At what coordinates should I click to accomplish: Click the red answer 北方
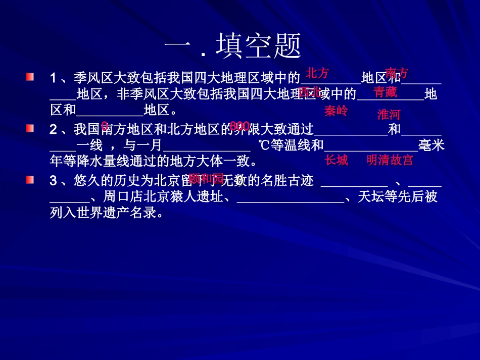317,74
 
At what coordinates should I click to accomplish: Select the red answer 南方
397,73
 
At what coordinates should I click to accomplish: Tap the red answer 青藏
385,92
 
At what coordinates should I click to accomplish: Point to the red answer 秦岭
336,111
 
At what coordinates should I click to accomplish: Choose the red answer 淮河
389,115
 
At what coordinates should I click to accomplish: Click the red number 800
239,126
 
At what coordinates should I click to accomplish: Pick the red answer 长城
336,161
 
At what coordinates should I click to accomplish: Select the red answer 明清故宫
390,161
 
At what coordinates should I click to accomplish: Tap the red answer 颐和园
206,178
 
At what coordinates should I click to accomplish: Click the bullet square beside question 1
30,77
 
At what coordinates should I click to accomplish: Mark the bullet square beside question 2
30,128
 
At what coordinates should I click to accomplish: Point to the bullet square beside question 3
30,180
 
